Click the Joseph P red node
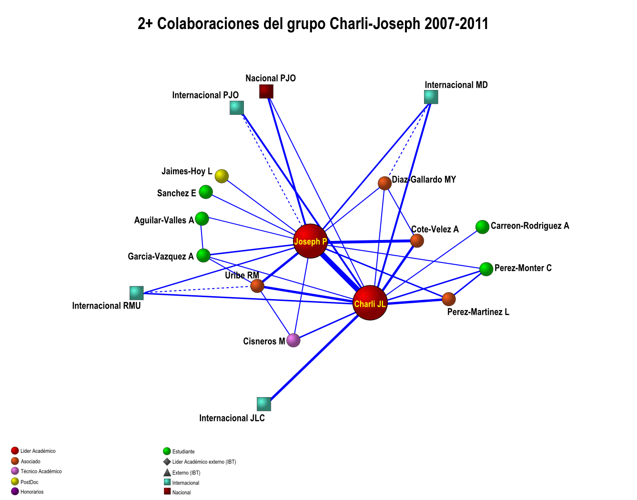coord(311,241)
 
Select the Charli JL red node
coord(370,303)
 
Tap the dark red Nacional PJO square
coord(266,91)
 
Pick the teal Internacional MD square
coord(431,97)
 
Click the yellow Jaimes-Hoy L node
coord(222,176)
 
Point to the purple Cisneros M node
coord(293,340)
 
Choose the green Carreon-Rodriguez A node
coord(482,227)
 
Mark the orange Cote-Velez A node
coord(417,241)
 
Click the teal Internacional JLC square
coord(264,404)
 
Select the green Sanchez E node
coord(206,192)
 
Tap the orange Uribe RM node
coord(257,286)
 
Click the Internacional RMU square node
coord(137,293)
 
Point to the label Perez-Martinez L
coord(478,312)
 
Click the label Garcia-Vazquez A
coord(161,257)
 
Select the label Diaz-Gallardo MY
coord(424,180)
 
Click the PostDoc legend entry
coord(29,482)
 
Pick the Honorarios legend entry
coord(31,492)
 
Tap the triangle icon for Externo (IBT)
coord(167,472)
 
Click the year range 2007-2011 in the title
coord(456,24)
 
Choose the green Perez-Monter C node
coord(486,269)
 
